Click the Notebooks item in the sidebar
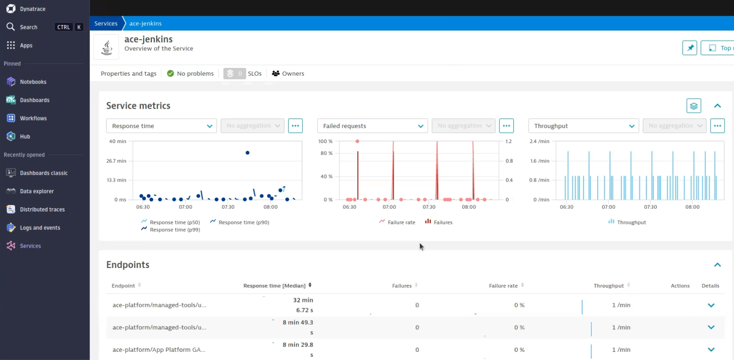33,82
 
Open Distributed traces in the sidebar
42,210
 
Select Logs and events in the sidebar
39,228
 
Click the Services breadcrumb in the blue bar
106,23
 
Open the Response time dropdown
161,126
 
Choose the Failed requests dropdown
373,126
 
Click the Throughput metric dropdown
584,126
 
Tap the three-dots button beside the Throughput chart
717,126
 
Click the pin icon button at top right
690,48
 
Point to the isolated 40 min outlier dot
248,153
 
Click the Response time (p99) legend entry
174,230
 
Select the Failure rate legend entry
401,222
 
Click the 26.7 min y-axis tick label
116,161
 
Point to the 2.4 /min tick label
539,141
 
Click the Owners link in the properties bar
293,74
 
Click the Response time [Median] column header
274,286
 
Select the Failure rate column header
503,286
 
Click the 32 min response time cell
303,300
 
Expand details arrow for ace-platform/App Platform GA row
711,350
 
